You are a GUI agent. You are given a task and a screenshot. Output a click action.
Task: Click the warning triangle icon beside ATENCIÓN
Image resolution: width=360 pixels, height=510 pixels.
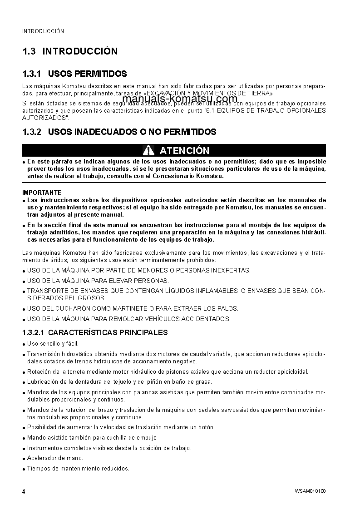tap(148, 150)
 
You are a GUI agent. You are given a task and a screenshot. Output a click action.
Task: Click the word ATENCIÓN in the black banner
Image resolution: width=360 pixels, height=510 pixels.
tap(184, 151)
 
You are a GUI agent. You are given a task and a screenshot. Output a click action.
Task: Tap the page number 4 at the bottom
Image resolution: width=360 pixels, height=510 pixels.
tap(24, 491)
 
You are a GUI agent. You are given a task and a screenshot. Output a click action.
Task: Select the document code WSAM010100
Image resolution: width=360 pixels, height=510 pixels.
tap(310, 491)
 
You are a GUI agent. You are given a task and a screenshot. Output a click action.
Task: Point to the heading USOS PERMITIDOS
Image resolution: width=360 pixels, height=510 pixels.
tap(87, 74)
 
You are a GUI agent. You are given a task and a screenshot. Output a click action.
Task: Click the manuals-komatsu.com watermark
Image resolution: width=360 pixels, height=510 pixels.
tap(180, 99)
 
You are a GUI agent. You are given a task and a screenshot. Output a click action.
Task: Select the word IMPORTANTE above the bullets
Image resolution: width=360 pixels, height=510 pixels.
tap(42, 193)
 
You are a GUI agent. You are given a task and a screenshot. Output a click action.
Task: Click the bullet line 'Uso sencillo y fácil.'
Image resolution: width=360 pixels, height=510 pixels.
tap(53, 344)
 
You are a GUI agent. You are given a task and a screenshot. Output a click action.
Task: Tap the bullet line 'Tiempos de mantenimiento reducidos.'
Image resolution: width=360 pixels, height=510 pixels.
tap(78, 468)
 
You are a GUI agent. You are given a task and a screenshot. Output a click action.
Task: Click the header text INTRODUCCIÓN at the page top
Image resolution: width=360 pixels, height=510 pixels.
tap(43, 31)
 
